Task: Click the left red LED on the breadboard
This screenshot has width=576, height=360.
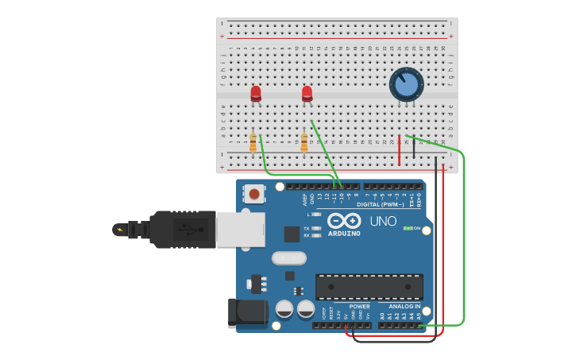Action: click(x=256, y=94)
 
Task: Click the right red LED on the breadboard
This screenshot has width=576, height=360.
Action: click(x=307, y=94)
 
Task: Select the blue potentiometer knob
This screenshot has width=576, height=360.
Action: click(x=406, y=85)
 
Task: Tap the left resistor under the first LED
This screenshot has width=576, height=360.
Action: click(x=253, y=142)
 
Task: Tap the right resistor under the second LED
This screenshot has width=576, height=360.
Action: click(x=303, y=142)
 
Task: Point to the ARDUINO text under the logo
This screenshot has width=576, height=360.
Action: click(x=344, y=234)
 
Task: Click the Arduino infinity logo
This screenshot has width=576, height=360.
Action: click(x=344, y=220)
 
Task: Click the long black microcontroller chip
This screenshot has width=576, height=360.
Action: click(x=369, y=287)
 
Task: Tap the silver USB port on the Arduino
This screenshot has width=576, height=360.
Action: click(x=240, y=230)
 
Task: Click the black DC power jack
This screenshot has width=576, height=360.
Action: click(x=247, y=312)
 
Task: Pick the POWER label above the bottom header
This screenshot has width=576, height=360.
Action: click(x=359, y=306)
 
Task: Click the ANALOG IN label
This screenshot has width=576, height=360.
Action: click(x=404, y=306)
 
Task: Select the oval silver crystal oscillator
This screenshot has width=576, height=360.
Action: click(x=288, y=257)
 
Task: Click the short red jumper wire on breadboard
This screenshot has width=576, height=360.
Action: click(x=399, y=149)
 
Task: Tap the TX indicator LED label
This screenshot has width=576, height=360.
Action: click(x=307, y=228)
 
